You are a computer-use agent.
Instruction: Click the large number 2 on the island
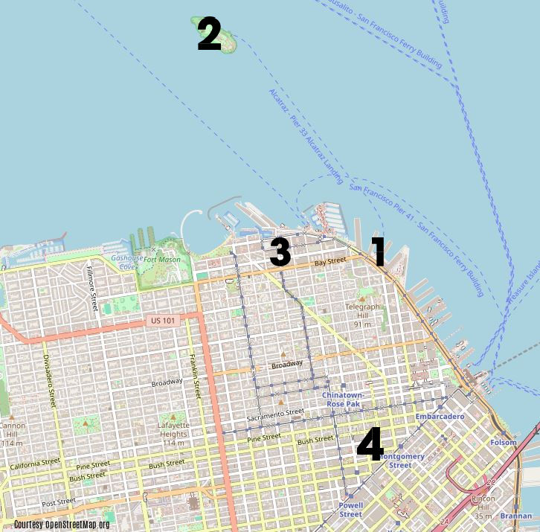click(209, 34)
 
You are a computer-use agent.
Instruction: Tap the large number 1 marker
click(379, 251)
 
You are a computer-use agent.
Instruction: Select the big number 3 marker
click(280, 252)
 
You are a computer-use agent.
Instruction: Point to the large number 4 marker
click(370, 443)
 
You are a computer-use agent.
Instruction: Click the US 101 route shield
click(163, 321)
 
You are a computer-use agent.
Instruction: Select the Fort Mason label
click(162, 260)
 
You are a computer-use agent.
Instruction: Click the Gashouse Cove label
click(123, 262)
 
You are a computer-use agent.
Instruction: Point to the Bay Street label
click(330, 262)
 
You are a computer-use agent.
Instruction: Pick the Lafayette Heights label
click(173, 429)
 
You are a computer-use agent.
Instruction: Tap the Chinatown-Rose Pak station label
click(343, 400)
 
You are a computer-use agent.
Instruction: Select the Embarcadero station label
click(440, 417)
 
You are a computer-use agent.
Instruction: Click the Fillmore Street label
click(92, 287)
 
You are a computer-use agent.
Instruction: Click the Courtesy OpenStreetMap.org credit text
click(62, 525)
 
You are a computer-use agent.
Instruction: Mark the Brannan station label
click(515, 516)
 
